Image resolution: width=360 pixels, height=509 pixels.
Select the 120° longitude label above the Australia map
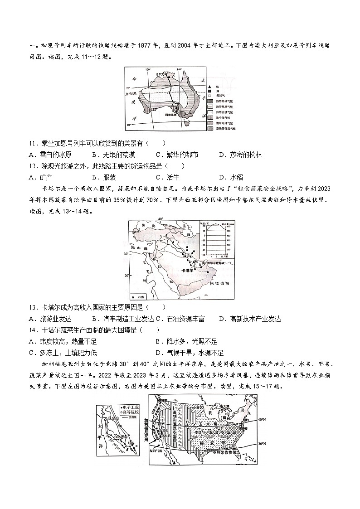pyautogui.click(x=147, y=69)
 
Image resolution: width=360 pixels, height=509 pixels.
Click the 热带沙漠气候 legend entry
pyautogui.click(x=227, y=111)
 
